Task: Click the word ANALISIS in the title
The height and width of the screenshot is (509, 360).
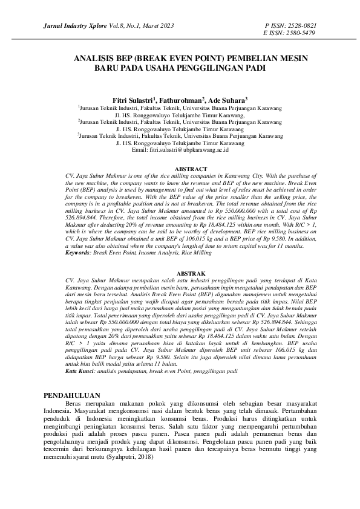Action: click(94, 59)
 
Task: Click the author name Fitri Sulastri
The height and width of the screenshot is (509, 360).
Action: click(133, 99)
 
